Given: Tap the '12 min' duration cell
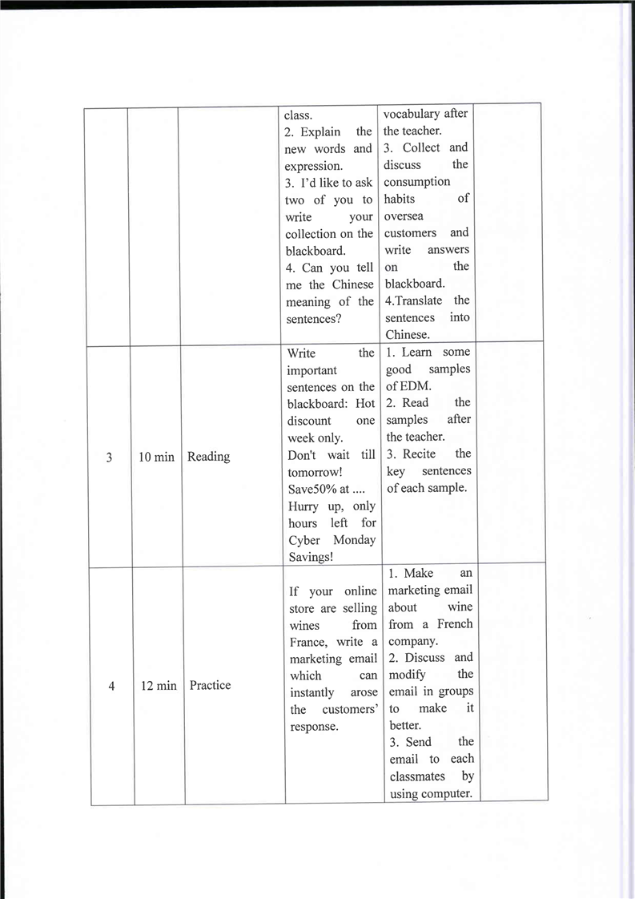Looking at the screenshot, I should pos(159,686).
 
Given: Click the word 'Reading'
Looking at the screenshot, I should pos(208,457).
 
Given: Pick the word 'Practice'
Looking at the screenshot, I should pos(210,686).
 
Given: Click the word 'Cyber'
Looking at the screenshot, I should pos(303,540).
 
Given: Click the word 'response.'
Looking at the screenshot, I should pos(314,727).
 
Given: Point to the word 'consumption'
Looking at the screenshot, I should pos(416,182).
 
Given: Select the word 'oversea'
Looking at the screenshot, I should pos(404,216).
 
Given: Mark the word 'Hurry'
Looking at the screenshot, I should pos(303,506).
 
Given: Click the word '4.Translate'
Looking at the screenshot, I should pos(413,300).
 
